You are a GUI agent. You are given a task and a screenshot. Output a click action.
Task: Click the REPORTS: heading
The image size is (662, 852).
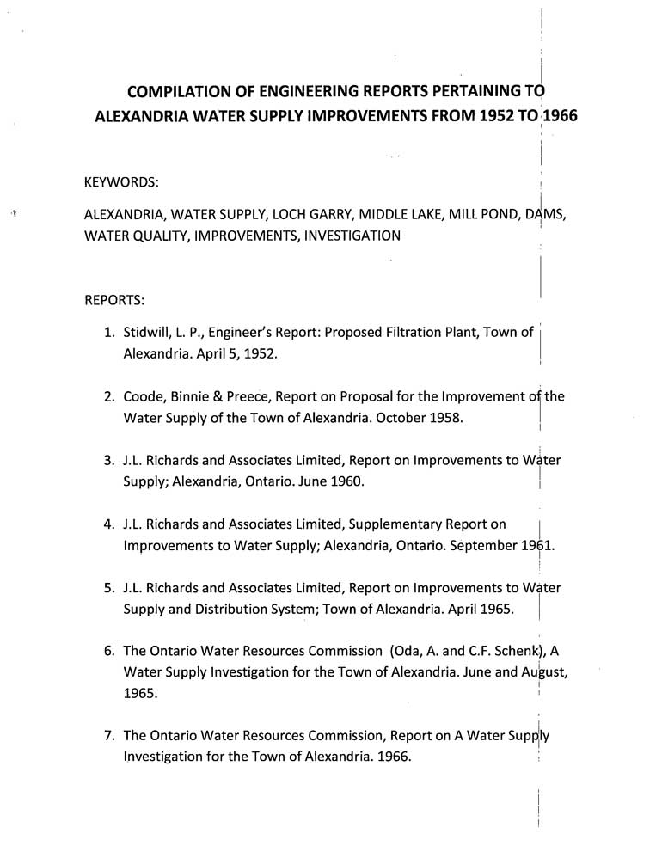(x=114, y=301)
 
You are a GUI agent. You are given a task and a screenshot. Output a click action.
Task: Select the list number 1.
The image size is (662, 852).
(x=108, y=333)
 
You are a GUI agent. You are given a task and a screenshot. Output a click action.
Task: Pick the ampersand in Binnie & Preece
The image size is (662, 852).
(x=218, y=396)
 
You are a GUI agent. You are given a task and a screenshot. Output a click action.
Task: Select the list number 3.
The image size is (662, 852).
(x=108, y=460)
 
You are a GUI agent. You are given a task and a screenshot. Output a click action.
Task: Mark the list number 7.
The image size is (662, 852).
(x=108, y=737)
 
